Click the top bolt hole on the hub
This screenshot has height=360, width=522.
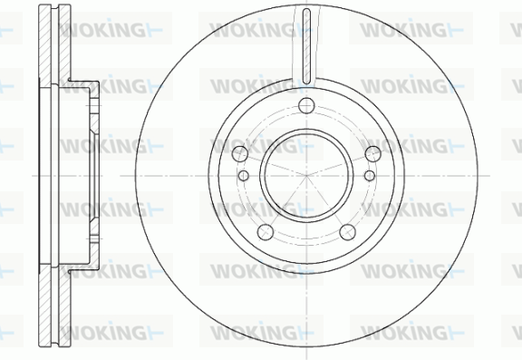(306, 106)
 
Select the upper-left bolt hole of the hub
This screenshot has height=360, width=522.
(240, 154)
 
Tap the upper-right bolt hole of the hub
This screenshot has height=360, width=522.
(372, 154)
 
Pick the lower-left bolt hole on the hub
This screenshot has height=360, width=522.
(266, 232)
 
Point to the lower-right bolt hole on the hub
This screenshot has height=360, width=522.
(348, 232)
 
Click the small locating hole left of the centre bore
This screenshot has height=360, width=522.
(244, 176)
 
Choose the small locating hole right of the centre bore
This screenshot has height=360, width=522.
(370, 176)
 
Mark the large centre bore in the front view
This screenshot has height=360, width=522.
(306, 176)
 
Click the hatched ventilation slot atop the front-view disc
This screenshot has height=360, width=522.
(306, 46)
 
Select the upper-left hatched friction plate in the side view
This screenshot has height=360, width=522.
(45, 46)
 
